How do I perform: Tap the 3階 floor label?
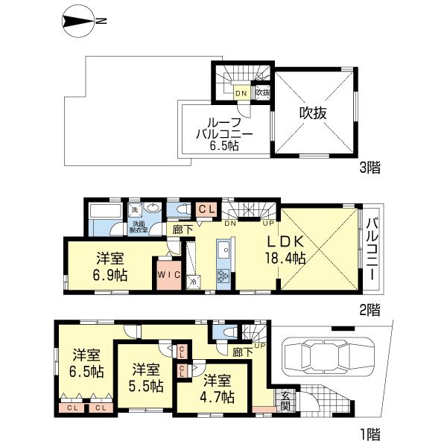[370, 168]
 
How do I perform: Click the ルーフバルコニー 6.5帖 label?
[223, 134]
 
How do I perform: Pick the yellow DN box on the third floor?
[241, 93]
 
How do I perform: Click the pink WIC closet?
[166, 274]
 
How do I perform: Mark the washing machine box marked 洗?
[136, 210]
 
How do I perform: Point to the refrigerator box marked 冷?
[192, 282]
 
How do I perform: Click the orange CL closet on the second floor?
[206, 210]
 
